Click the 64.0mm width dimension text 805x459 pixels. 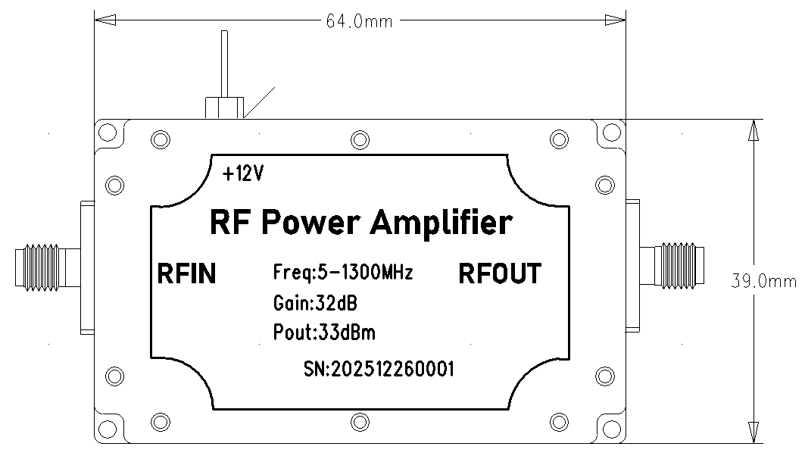click(x=359, y=21)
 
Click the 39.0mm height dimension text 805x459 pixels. click(x=763, y=281)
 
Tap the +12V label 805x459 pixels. click(x=243, y=174)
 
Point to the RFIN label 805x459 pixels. click(x=186, y=273)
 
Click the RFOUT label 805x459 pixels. click(x=500, y=273)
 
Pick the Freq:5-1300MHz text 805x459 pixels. click(x=342, y=273)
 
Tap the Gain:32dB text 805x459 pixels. click(x=314, y=304)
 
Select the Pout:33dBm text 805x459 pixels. click(x=323, y=332)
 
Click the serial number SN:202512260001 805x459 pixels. click(x=378, y=369)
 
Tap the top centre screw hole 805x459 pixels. click(x=360, y=139)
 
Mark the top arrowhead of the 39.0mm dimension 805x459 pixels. click(x=752, y=130)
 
